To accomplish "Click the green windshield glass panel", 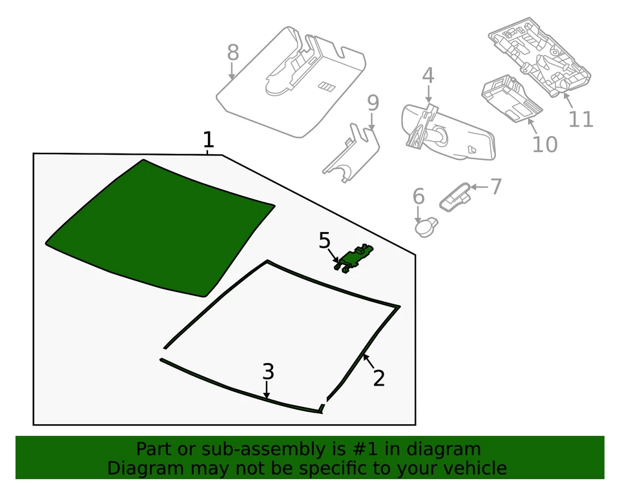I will (x=158, y=229).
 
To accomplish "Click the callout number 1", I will (x=207, y=139).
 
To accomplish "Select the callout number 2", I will (x=378, y=378).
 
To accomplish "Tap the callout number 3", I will (x=268, y=371).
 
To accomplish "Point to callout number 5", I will (x=325, y=241).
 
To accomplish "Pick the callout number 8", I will (x=233, y=53).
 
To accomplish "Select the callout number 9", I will (x=373, y=103).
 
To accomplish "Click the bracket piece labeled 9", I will (x=351, y=152).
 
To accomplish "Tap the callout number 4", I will (x=428, y=76).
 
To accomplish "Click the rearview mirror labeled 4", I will (x=452, y=132).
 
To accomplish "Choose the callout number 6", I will (x=418, y=196).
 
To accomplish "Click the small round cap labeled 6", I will (x=426, y=226).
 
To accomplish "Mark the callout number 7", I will (x=495, y=186).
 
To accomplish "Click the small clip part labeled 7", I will (x=455, y=196).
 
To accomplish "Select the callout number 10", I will (x=544, y=144).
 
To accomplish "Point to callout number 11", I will (x=580, y=119).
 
